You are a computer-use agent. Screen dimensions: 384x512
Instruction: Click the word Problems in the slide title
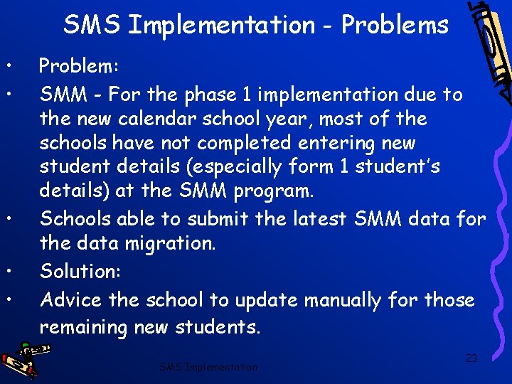point(395,25)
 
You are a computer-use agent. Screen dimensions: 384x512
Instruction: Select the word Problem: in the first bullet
point(79,66)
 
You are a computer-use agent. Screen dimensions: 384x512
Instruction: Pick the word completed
point(244,143)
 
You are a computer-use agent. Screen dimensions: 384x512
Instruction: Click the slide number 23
point(471,358)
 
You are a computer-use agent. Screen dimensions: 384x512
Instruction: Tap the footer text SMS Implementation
point(208,367)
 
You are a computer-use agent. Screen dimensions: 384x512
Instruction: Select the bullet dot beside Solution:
point(6,271)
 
